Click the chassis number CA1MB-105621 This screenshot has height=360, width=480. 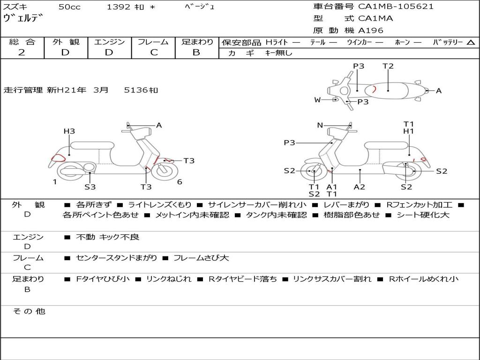pyautogui.click(x=396, y=7)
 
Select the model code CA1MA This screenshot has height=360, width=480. pyautogui.click(x=375, y=18)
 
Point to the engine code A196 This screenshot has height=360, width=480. pyautogui.click(x=370, y=30)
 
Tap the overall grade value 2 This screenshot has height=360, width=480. pyautogui.click(x=22, y=52)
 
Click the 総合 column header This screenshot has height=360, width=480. pyautogui.click(x=22, y=42)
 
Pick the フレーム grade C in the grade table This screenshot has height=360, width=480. pyautogui.click(x=153, y=52)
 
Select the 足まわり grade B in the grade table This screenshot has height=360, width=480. pyautogui.click(x=196, y=52)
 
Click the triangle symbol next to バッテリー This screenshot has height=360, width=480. pyautogui.click(x=471, y=43)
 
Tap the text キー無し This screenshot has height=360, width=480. pyautogui.click(x=278, y=53)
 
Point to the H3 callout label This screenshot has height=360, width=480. pyautogui.click(x=69, y=131)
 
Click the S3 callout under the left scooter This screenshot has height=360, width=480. pyautogui.click(x=90, y=187)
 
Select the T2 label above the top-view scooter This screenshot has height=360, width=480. pyautogui.click(x=388, y=66)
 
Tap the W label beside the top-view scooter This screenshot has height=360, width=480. pyautogui.click(x=317, y=100)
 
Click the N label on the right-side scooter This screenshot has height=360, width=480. pyautogui.click(x=320, y=125)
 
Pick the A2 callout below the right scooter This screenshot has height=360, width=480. pyautogui.click(x=360, y=187)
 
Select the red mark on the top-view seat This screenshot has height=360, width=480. pyautogui.click(x=375, y=89)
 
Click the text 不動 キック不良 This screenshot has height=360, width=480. pyautogui.click(x=108, y=237)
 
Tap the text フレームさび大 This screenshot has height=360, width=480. pyautogui.click(x=201, y=258)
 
